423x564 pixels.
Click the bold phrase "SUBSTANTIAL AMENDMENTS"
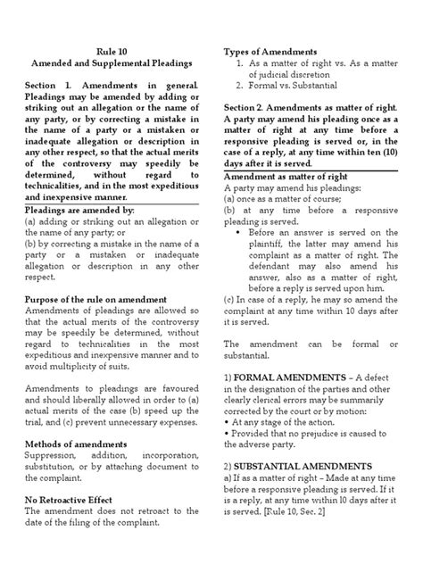294,466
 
